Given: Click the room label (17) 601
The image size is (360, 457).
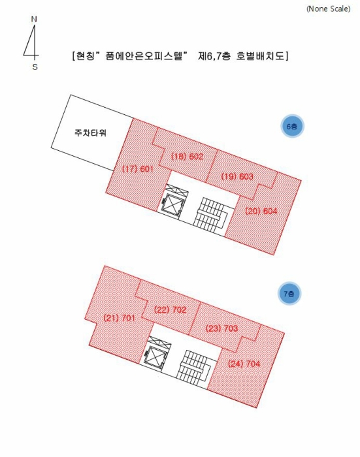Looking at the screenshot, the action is (x=138, y=168).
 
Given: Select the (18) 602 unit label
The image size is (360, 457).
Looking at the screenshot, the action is (x=187, y=157).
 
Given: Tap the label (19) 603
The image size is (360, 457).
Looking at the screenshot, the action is (x=237, y=176).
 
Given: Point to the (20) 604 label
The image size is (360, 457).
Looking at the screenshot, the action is (x=261, y=211).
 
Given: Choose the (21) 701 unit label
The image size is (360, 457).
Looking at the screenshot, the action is (x=120, y=318).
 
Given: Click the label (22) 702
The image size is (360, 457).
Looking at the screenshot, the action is (x=170, y=309).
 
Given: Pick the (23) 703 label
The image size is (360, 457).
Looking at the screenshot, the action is (x=221, y=328).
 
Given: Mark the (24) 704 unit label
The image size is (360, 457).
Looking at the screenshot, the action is (x=244, y=364).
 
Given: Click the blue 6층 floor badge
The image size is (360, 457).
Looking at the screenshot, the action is (x=292, y=127).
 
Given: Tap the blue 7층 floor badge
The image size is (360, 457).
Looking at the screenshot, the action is (x=289, y=294).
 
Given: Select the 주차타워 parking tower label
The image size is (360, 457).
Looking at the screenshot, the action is (x=90, y=133).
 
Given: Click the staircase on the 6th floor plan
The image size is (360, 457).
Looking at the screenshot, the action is (x=210, y=216).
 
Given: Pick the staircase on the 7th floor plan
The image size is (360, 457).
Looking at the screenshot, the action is (x=193, y=368).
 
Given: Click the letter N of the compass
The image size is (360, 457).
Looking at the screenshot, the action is (x=34, y=19).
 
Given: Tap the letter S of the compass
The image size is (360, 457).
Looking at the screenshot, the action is (x=35, y=67).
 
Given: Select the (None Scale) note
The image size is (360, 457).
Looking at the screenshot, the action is (x=328, y=8).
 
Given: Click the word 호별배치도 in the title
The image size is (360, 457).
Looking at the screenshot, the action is (x=259, y=55).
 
